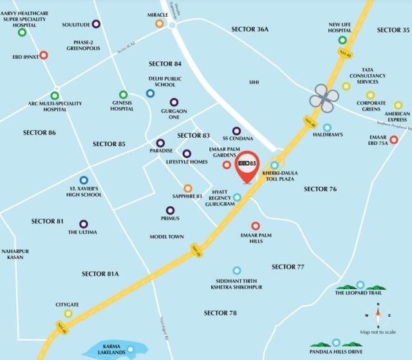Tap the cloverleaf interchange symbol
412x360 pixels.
(324, 97)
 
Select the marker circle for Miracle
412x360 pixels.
(159, 24)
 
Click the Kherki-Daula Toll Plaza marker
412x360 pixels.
(275, 166)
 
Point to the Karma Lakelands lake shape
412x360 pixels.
(109, 351)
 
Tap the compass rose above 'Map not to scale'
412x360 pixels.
(379, 315)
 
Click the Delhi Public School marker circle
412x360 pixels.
(150, 93)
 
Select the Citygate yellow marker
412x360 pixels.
(68, 314)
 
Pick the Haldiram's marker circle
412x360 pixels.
(327, 128)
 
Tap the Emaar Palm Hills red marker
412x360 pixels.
(256, 226)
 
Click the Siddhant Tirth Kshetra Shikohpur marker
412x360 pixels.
(237, 270)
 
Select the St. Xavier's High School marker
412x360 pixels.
(84, 180)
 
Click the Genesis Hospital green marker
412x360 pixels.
(122, 95)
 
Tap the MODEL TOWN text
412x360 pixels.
(167, 237)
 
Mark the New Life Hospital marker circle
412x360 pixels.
(342, 40)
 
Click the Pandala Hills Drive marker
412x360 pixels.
(335, 343)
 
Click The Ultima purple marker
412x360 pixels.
(83, 224)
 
